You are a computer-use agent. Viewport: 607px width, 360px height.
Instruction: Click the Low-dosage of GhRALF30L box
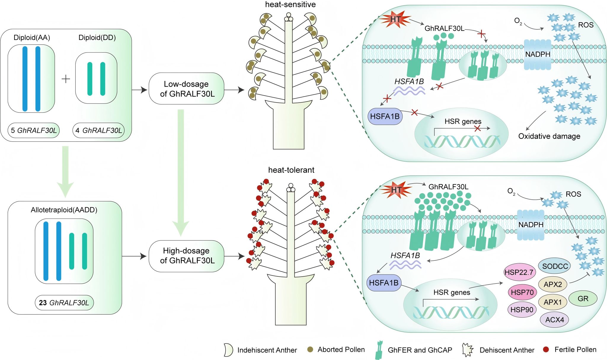coord(186,89)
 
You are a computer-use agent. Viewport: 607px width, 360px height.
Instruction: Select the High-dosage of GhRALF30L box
coord(186,256)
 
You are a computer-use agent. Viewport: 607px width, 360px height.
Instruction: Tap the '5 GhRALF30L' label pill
coord(34,130)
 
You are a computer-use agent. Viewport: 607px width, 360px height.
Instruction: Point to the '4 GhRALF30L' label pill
coord(99,130)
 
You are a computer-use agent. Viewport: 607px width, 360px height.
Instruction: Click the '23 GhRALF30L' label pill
coord(64,303)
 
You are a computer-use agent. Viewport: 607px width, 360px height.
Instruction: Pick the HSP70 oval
coord(522,292)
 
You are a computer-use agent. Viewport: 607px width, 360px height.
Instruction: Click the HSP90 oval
coord(522,310)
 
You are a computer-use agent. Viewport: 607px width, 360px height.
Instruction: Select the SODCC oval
coord(555,266)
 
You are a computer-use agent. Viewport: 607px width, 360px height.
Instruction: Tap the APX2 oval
coord(553,284)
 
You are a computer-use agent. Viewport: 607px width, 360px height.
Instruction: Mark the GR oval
coord(583,299)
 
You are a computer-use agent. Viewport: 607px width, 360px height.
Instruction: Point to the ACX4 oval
coord(555,320)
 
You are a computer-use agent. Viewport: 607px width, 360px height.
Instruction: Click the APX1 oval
coord(553,302)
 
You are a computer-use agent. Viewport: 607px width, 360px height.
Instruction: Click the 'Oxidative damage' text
coord(549,136)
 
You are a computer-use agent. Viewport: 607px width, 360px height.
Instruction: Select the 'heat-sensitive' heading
coord(290,4)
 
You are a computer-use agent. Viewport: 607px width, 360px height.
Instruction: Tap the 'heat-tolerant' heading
coord(291,170)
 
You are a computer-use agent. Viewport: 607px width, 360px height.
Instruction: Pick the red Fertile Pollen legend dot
coord(546,350)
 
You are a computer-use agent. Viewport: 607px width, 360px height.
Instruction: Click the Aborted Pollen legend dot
coord(310,350)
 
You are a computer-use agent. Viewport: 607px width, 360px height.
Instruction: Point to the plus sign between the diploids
coord(66,79)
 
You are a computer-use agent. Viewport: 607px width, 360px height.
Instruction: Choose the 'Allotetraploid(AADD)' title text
coord(64,210)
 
